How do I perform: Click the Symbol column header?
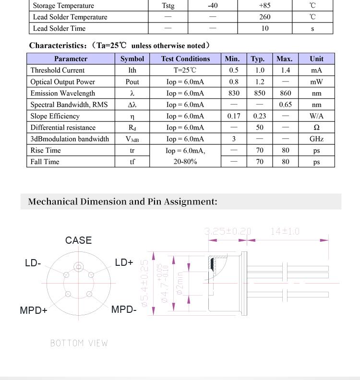click(132, 59)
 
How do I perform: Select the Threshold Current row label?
click(57, 71)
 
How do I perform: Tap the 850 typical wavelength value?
click(258, 93)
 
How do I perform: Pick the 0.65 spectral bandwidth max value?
click(285, 105)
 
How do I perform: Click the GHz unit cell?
click(316, 139)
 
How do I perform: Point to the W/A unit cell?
click(316, 116)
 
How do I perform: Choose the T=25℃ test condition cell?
click(185, 71)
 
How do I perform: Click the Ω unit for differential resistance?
click(316, 128)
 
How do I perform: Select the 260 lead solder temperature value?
click(264, 17)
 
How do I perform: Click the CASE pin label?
click(78, 240)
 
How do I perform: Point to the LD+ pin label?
click(124, 262)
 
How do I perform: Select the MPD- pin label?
click(124, 309)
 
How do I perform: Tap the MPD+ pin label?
click(34, 310)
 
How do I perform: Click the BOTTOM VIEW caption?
click(79, 343)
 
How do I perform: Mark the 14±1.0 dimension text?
click(285, 232)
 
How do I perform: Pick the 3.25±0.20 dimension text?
click(228, 232)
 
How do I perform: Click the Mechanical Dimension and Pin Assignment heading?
click(122, 202)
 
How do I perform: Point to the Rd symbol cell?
click(132, 128)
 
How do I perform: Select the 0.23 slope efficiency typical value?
click(259, 116)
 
